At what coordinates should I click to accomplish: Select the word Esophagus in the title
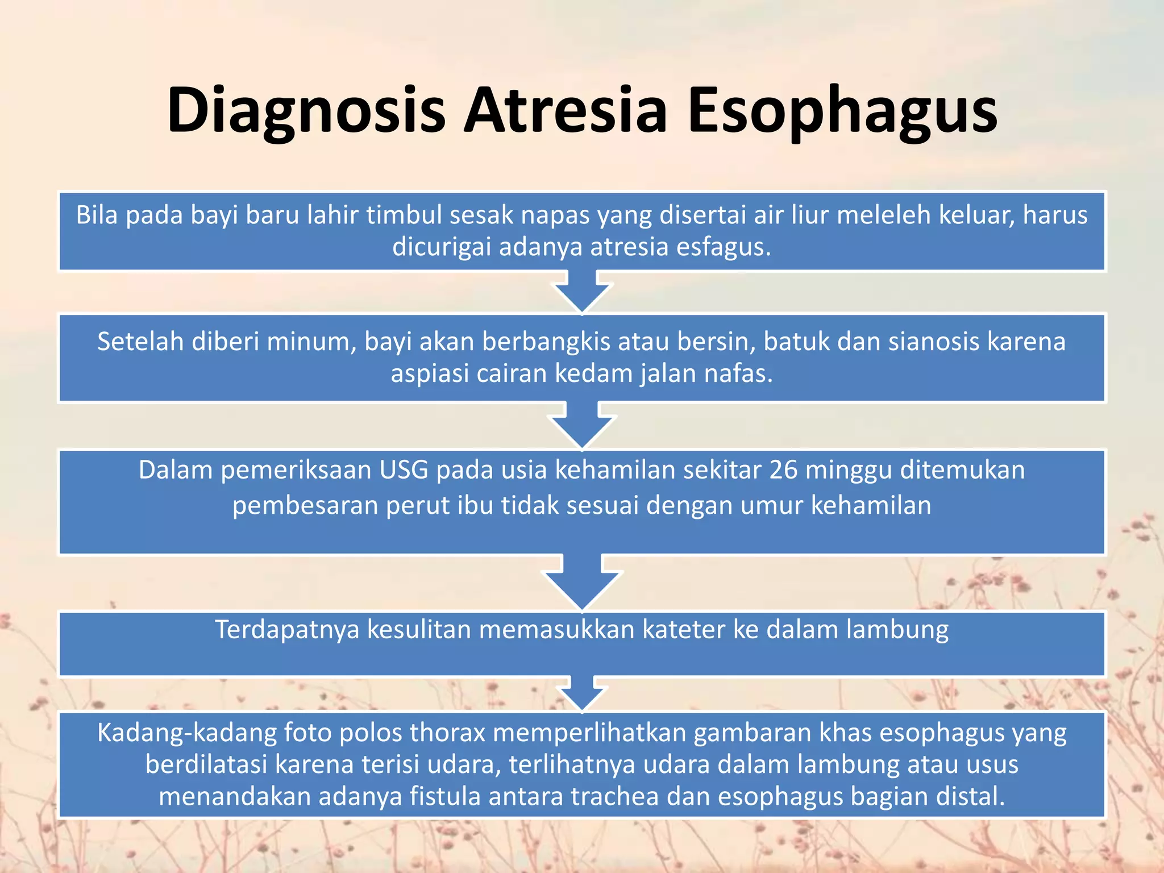(x=842, y=111)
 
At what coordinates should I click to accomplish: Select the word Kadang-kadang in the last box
(x=186, y=733)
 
